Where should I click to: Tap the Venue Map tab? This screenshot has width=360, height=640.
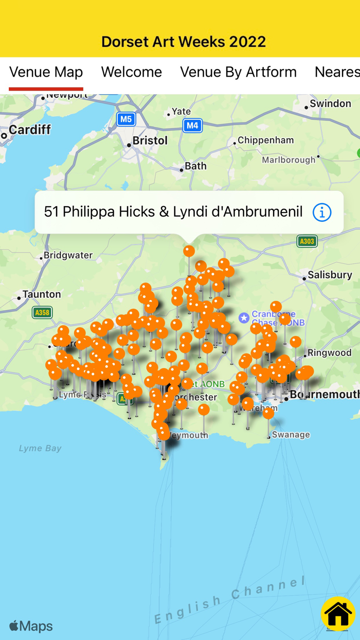click(x=46, y=72)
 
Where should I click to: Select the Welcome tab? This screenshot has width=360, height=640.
click(x=131, y=72)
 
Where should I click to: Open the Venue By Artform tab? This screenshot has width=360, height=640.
click(x=238, y=72)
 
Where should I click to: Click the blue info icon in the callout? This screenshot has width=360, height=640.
click(x=322, y=212)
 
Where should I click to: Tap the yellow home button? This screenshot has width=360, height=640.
click(x=338, y=614)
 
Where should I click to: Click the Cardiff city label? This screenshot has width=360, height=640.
click(x=29, y=130)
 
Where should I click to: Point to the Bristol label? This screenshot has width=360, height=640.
click(x=150, y=140)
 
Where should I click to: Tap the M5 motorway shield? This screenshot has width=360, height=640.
click(x=126, y=120)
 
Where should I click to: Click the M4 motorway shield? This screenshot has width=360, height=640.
click(x=192, y=125)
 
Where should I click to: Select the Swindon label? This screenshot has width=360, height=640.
click(x=330, y=103)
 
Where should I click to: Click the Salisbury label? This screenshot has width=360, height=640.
click(x=330, y=275)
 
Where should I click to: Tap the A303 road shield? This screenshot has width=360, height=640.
click(x=307, y=241)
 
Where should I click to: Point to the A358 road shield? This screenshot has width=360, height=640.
click(x=42, y=312)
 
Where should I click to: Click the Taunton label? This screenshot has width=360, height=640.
click(x=42, y=294)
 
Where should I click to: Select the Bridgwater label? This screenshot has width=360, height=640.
click(x=68, y=255)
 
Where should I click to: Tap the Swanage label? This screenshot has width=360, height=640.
click(x=291, y=435)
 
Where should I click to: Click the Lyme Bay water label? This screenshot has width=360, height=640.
click(x=40, y=448)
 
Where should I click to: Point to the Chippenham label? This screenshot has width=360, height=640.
click(x=265, y=140)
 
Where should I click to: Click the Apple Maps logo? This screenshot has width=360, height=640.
click(x=31, y=626)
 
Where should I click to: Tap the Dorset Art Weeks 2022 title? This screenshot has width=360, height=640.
click(x=184, y=41)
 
